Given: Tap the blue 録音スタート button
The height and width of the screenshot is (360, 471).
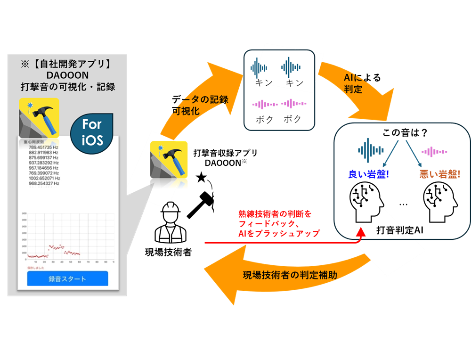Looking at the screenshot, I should coord(67,278).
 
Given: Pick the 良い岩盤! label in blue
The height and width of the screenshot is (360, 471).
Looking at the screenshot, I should coord(369,174).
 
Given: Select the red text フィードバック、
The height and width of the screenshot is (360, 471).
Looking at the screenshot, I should coord(267,223).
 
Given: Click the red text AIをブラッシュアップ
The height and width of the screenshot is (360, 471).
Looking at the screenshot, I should coord(279,233).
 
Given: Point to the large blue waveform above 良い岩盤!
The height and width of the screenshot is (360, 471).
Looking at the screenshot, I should coord(367,150).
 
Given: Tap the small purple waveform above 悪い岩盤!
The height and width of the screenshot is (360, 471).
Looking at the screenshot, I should coord(434,152).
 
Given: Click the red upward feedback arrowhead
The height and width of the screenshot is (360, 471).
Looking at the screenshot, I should coord(361,230).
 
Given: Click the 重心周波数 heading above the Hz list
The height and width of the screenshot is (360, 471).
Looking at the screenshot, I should coord(33,141).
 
